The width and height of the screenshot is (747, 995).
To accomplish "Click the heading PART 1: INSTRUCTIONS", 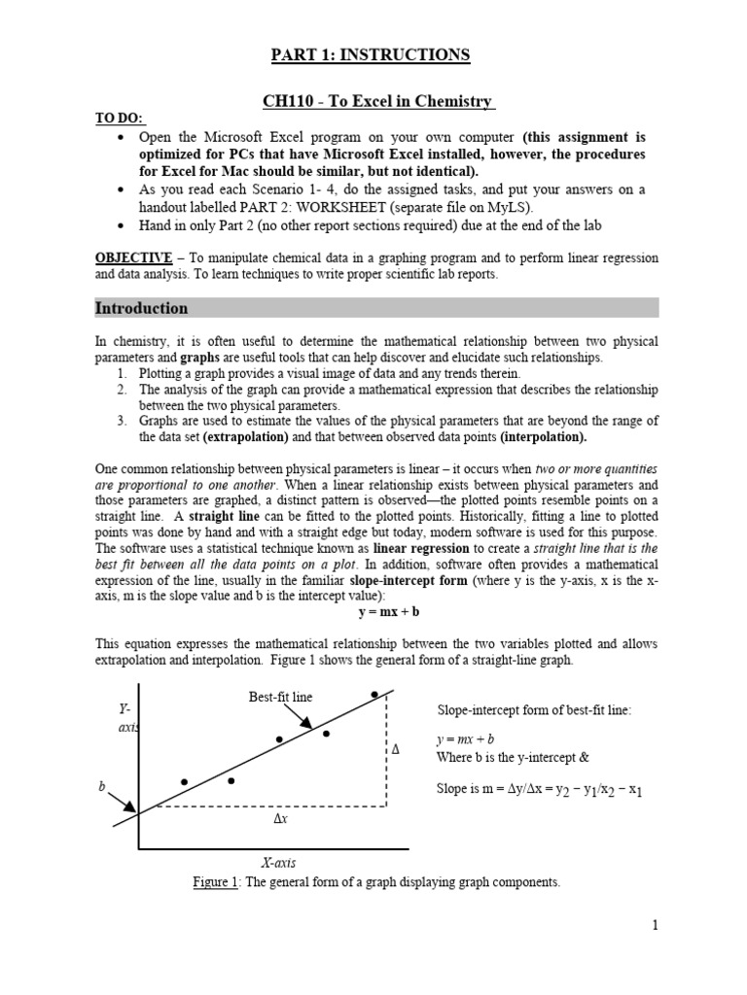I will tap(370, 55).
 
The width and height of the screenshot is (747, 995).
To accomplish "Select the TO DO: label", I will tap(119, 119).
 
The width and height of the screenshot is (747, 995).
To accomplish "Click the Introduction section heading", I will tap(141, 308).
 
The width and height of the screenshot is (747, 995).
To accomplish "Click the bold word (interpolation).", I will tap(545, 437).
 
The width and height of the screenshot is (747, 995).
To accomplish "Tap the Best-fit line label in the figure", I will tap(281, 697).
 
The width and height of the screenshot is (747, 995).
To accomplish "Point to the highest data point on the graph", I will tap(374, 695).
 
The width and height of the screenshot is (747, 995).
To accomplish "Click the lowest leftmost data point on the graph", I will tap(184, 781).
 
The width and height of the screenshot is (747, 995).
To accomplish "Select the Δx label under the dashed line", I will tap(280, 820).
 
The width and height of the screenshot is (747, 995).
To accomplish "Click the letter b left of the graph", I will tap(100, 786).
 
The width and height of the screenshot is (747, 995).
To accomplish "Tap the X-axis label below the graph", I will tap(279, 862).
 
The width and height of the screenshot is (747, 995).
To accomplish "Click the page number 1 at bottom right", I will tap(656, 925).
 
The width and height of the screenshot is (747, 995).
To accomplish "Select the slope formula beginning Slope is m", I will tap(539, 790).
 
